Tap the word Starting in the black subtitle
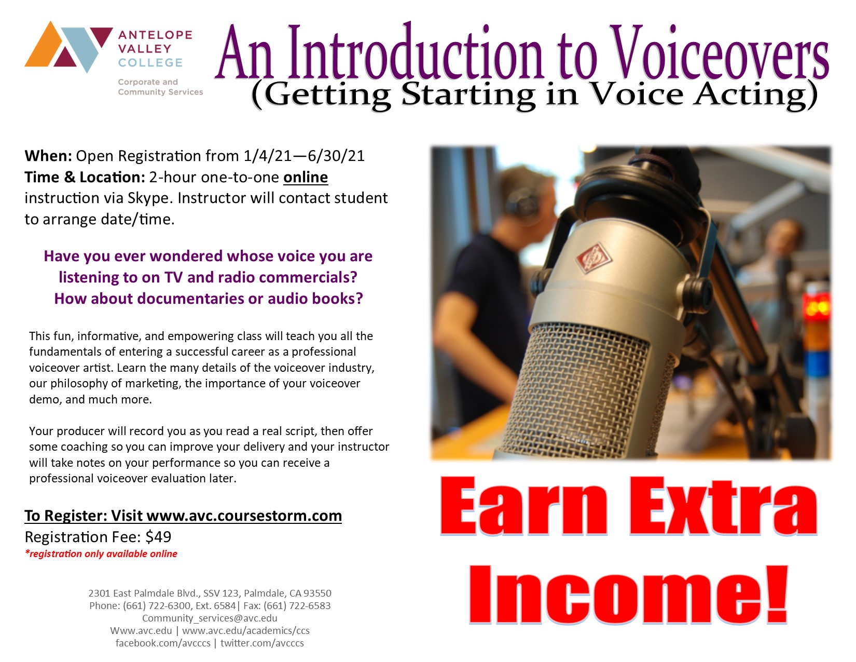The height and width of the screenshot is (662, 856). point(469,95)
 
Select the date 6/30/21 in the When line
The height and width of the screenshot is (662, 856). point(336,156)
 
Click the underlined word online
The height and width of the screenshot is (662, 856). point(305,178)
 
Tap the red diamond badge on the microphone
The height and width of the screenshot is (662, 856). point(593,258)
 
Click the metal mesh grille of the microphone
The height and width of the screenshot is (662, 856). point(583,390)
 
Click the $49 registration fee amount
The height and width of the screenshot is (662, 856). point(158,537)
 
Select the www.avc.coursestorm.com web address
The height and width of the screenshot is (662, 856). point(244,516)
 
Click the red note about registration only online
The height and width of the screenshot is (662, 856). point(101,554)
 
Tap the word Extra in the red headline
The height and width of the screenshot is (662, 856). point(723,506)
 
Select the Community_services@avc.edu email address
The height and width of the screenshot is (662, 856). point(210,618)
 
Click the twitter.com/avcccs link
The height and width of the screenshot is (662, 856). point(263,643)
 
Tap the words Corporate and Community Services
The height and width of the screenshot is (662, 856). point(160,87)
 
